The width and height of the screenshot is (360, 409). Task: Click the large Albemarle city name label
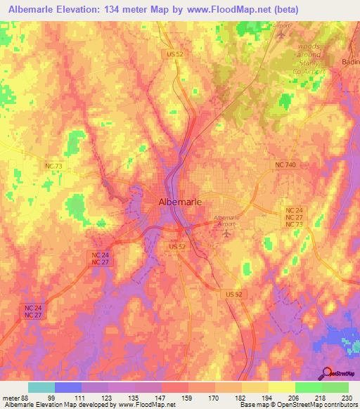pyautogui.click(x=179, y=202)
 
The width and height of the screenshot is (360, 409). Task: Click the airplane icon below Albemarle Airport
pyautogui.click(x=226, y=232)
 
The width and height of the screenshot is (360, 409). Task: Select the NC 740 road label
pyautogui.click(x=284, y=164)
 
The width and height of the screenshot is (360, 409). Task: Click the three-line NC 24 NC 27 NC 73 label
pyautogui.click(x=294, y=219)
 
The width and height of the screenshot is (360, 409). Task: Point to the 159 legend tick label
pyautogui.click(x=187, y=398)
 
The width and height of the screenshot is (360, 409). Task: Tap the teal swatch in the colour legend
pyautogui.click(x=41, y=388)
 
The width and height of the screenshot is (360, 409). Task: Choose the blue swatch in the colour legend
pyautogui.click(x=68, y=388)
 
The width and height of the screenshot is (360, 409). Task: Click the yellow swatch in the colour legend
pyautogui.click(x=281, y=388)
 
